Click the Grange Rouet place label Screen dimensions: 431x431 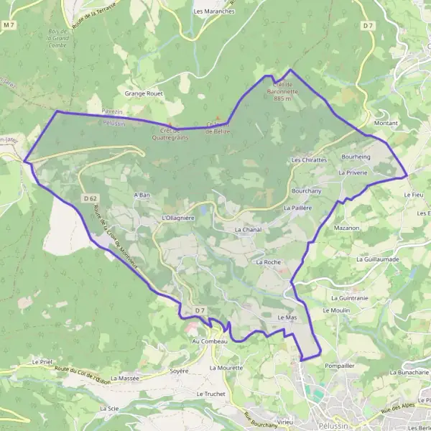[145, 93]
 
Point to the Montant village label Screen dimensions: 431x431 [386, 124]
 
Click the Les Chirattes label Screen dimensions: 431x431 [309, 159]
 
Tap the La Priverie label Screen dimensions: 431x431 [353, 173]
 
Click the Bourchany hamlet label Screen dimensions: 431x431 [307, 191]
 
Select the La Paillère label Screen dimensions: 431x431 [297, 208]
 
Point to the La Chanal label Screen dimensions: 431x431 [247, 229]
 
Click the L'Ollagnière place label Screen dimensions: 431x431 [179, 217]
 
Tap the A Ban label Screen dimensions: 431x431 [142, 195]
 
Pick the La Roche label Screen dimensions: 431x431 [268, 263]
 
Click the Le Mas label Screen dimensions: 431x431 [287, 317]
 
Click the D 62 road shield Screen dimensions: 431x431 [90, 198]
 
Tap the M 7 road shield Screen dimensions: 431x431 [9, 25]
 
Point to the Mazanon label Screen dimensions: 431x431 [346, 227]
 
